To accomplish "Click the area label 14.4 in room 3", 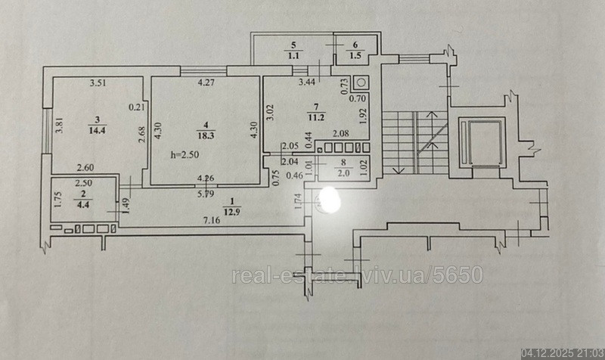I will (x=97, y=130).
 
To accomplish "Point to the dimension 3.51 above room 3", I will (x=96, y=83).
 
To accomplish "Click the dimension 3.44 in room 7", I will (x=307, y=82).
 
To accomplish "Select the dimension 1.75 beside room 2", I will (x=57, y=199).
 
